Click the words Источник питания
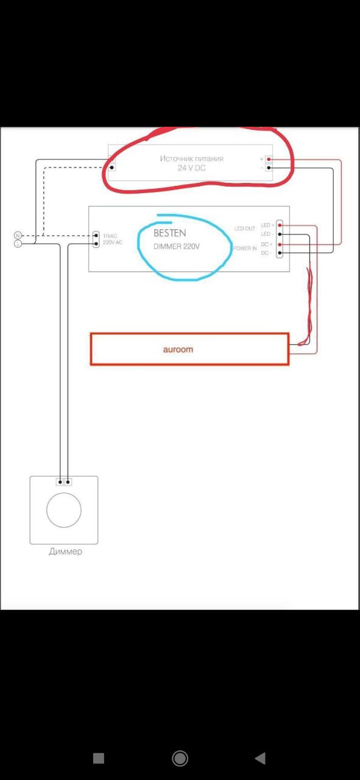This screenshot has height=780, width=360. [x=191, y=158]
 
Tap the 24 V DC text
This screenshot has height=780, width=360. [x=191, y=168]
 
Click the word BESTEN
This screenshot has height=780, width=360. [x=170, y=233]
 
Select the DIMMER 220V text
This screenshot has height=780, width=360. [x=177, y=247]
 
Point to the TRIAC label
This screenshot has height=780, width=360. [x=110, y=236]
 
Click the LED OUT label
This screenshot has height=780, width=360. [x=245, y=229]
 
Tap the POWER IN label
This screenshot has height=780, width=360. [x=245, y=248]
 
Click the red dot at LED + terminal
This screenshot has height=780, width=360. [x=280, y=225]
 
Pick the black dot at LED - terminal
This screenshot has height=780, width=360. [x=280, y=235]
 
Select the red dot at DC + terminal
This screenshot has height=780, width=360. [x=280, y=244]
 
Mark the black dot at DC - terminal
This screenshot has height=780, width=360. [x=280, y=253]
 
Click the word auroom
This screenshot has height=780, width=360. [x=178, y=349]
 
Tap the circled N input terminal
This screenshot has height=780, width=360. [x=18, y=235]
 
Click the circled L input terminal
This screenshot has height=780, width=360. [x=18, y=244]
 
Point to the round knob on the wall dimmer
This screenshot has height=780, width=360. [x=64, y=510]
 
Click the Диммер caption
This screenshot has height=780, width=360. [x=65, y=551]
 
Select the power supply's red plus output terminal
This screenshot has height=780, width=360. [x=269, y=159]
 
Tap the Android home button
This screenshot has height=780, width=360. [x=180, y=759]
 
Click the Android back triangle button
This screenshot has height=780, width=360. [x=261, y=758]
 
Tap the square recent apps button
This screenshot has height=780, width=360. [x=99, y=759]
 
